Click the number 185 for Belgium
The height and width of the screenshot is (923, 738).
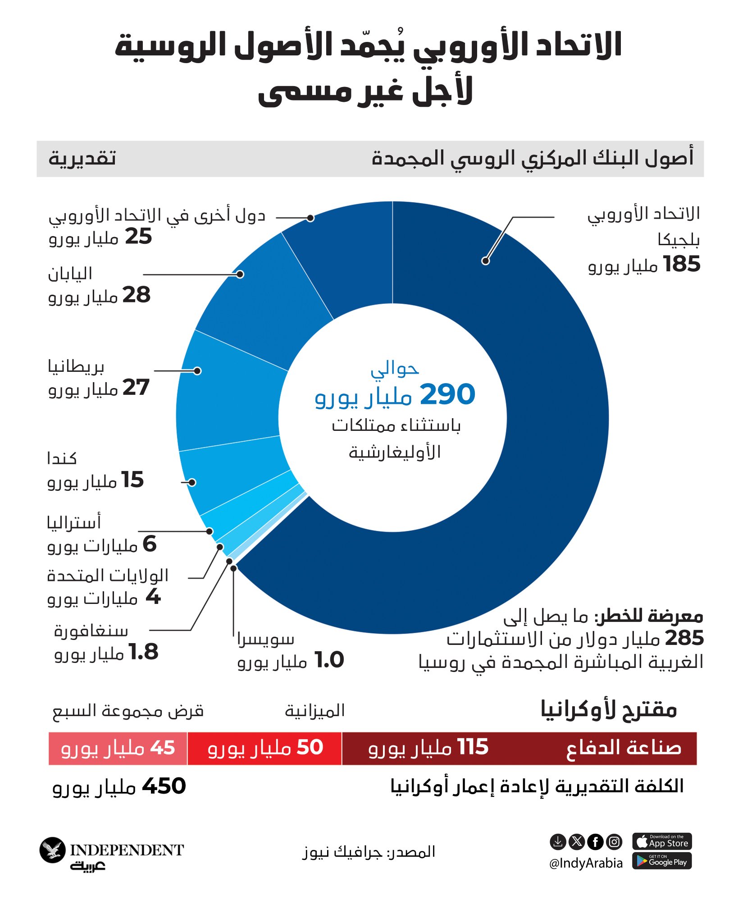[x=682, y=264]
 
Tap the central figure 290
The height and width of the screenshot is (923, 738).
[x=447, y=395]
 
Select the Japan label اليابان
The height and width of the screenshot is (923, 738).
[x=70, y=274]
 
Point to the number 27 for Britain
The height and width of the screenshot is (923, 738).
[x=136, y=388]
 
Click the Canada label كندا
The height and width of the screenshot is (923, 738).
[x=62, y=459]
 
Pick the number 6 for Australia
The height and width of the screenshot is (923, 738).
[x=150, y=544]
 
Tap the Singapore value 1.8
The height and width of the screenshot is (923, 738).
[x=144, y=652]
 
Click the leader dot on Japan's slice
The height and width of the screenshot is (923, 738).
[x=240, y=274]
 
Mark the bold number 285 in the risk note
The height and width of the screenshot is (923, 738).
[x=684, y=638]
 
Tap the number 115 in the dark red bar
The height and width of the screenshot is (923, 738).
[x=473, y=747]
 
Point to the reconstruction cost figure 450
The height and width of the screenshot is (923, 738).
[x=164, y=786]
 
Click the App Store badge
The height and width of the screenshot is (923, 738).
[x=661, y=841]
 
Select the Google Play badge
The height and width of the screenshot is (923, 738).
[x=661, y=861]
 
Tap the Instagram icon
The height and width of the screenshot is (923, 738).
[x=614, y=841]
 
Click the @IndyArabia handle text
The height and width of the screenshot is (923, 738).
[x=586, y=863]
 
